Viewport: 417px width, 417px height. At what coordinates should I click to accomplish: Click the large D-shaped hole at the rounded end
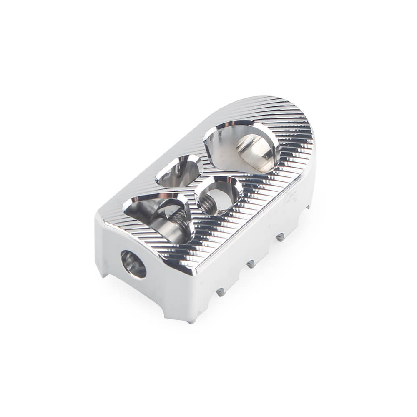241,146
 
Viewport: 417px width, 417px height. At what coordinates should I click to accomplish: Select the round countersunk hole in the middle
219,195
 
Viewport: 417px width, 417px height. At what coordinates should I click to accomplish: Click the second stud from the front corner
221,292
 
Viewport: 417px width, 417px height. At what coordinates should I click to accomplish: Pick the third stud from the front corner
251,264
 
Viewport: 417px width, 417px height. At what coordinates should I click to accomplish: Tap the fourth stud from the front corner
280,237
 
